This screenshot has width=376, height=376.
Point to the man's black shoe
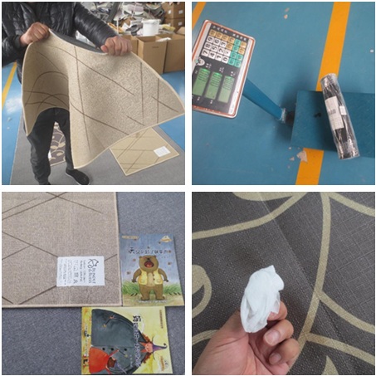coord(76,176)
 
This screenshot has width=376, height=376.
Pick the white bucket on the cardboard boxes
coord(149,27)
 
